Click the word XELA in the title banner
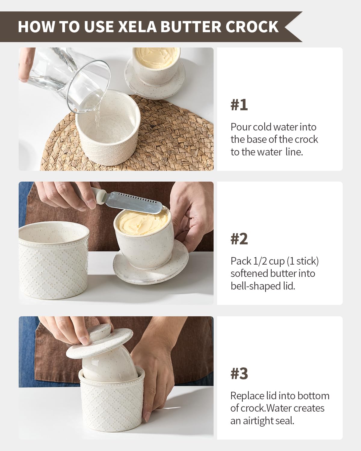click(x=137, y=26)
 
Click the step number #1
click(x=239, y=105)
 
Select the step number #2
click(x=239, y=239)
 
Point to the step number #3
click(x=239, y=373)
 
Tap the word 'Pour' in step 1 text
click(x=241, y=127)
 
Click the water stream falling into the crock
click(x=97, y=117)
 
